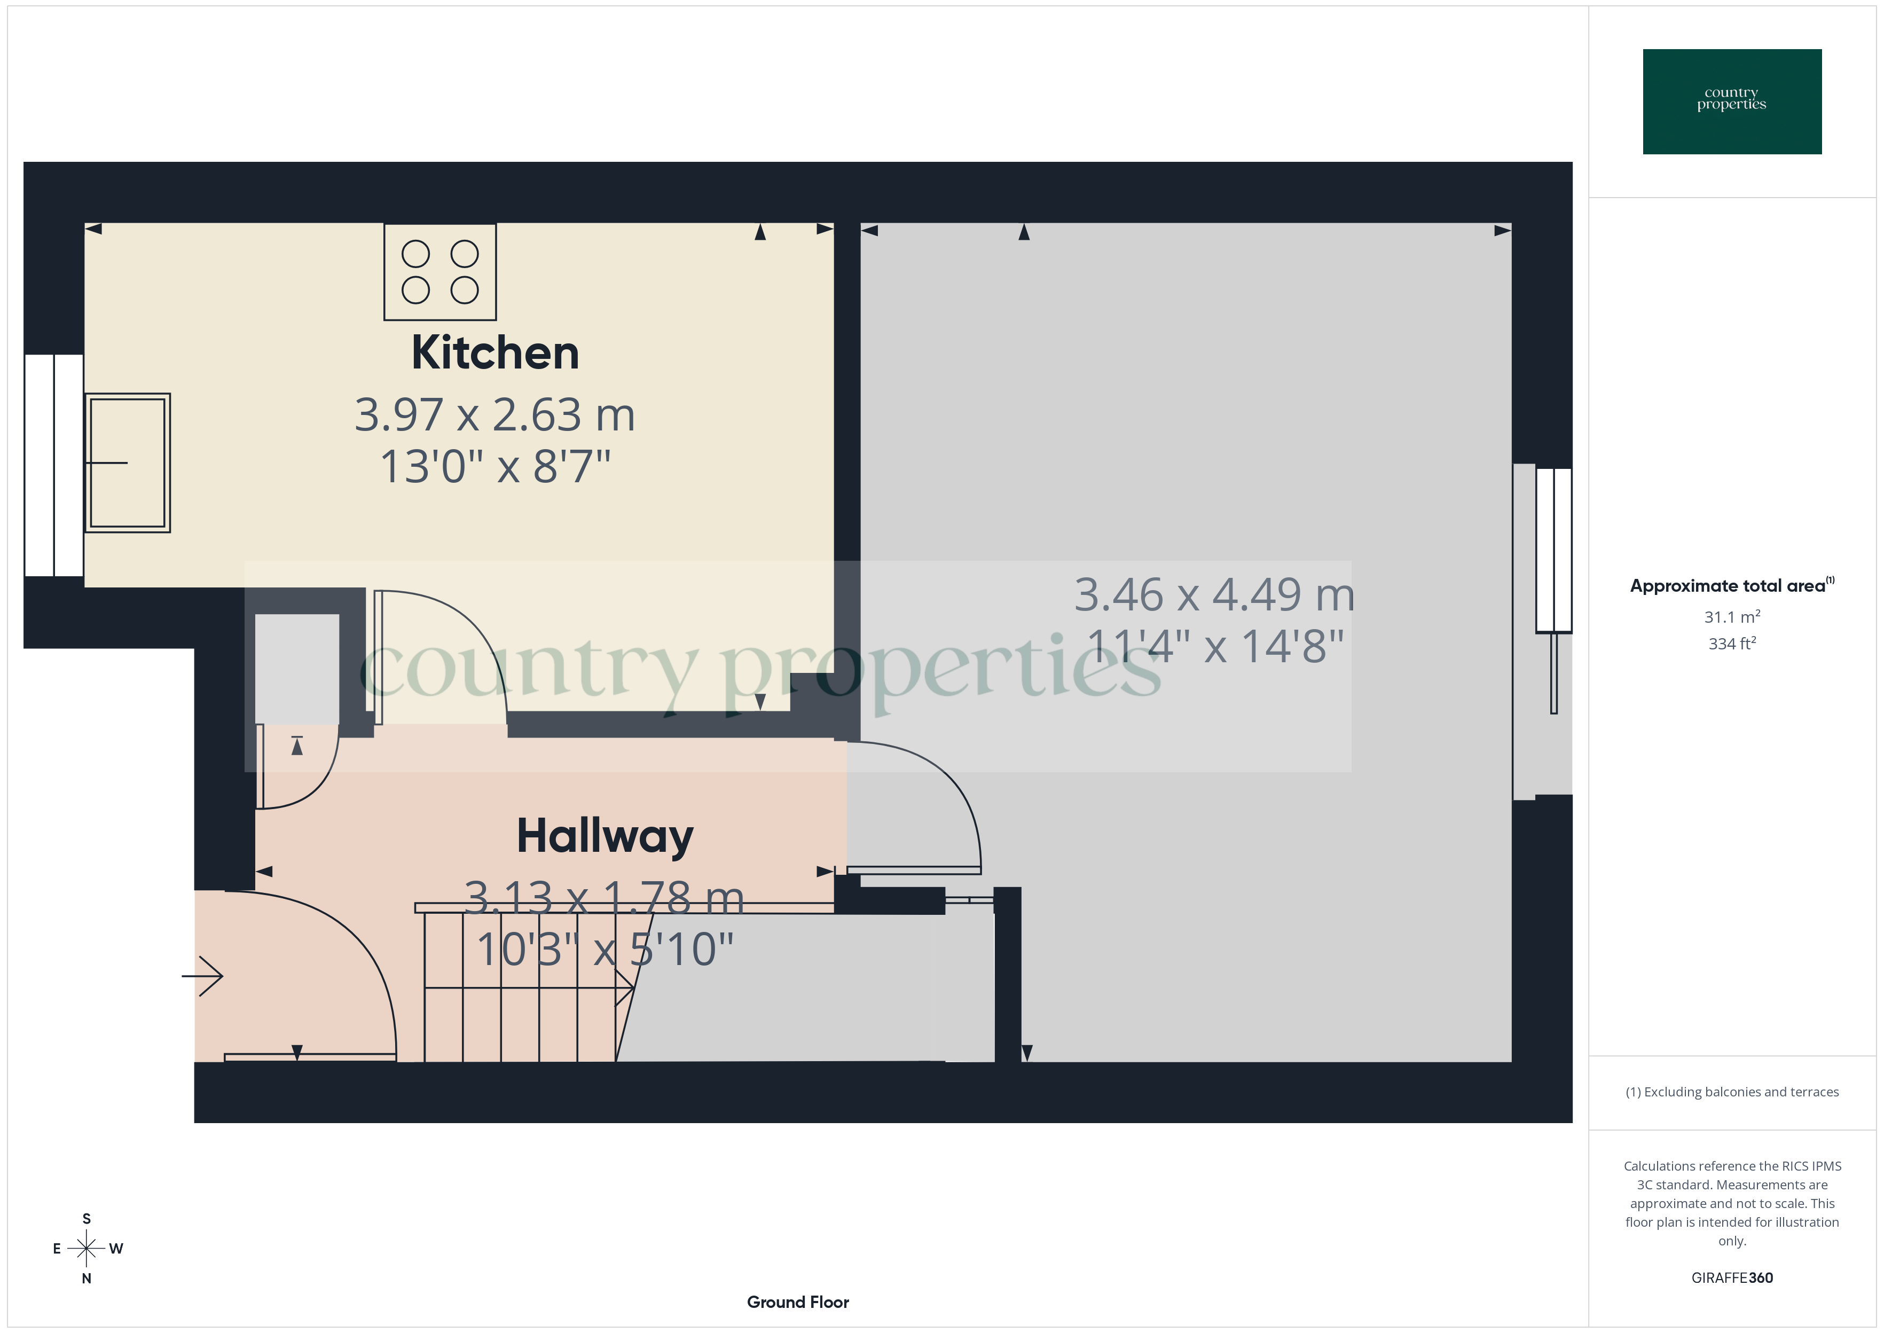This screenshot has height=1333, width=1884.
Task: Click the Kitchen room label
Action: (495, 353)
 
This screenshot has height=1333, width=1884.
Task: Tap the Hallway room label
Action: (605, 836)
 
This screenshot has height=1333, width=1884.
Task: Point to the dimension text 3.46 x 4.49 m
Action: (1214, 594)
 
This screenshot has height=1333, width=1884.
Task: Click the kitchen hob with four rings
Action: (440, 272)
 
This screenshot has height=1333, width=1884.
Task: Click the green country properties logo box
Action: (1731, 102)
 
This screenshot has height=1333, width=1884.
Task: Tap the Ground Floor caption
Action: (798, 1302)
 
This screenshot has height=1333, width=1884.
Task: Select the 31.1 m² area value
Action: (1731, 616)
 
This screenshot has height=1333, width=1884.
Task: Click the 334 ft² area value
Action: (1731, 644)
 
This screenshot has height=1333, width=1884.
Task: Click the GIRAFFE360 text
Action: (1731, 1277)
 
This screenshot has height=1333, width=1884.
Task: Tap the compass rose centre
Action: (86, 1249)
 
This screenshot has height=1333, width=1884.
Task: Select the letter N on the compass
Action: (86, 1278)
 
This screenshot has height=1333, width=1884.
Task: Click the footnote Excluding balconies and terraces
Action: (1731, 1092)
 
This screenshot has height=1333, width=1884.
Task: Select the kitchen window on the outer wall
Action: (54, 465)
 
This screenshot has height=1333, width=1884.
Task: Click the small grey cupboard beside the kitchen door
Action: (297, 669)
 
